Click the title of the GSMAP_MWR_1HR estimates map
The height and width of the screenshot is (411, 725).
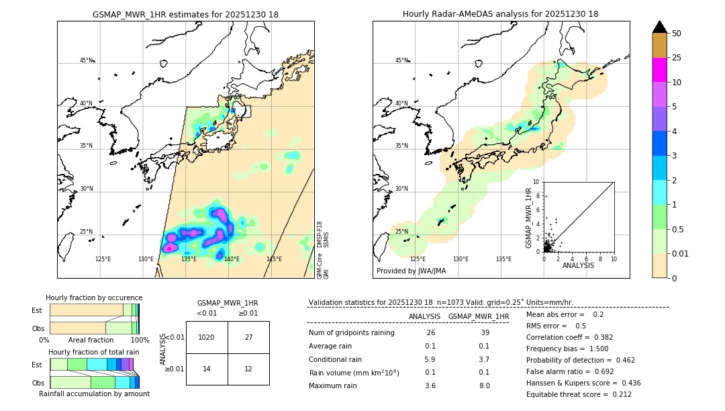point(185,14)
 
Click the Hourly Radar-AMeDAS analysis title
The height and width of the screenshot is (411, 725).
point(500,14)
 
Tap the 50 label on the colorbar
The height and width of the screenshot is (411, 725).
point(677,34)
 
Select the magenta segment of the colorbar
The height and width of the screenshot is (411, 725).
point(659,70)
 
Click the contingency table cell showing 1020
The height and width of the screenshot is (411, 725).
point(207,337)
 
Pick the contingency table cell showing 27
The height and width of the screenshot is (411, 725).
point(248,337)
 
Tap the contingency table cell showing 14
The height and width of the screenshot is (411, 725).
point(207,369)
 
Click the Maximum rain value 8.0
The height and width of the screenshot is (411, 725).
point(484,385)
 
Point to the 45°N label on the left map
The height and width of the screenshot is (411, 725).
point(87,60)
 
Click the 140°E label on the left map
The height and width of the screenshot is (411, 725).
point(232,259)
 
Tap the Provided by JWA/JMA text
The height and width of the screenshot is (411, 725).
point(411,271)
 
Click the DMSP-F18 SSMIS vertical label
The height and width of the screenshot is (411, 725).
point(323,234)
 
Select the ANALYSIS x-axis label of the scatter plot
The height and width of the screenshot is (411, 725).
point(578,265)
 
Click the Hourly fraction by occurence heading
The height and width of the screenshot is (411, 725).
point(94,298)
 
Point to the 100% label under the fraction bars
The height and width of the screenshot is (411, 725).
point(140,340)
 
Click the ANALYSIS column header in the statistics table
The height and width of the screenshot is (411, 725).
point(424,316)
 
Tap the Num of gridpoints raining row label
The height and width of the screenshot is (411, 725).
point(351,333)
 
